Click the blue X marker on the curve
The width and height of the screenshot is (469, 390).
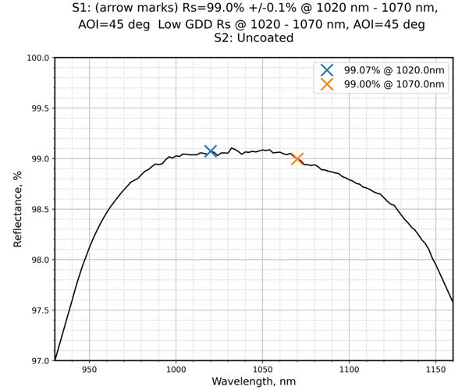[x=210, y=151]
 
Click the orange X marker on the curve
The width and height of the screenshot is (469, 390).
[x=297, y=159]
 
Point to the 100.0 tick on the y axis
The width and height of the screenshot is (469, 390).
[x=36, y=58]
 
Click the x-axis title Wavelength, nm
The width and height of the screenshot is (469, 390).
[x=254, y=381]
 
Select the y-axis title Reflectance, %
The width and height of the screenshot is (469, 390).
[x=18, y=209]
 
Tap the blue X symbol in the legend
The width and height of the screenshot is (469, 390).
[x=327, y=70]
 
